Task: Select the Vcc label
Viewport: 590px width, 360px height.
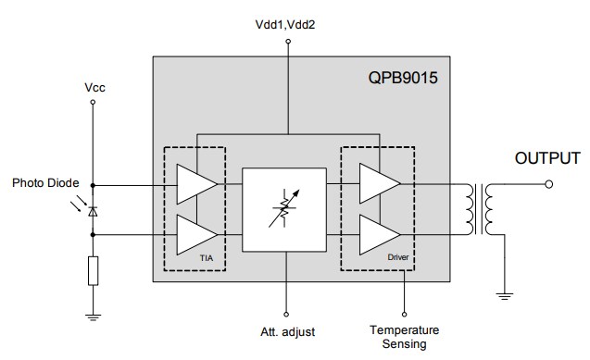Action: pos(93,87)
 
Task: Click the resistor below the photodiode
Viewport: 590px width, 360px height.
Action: pos(93,270)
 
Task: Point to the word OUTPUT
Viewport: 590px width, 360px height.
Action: pos(546,158)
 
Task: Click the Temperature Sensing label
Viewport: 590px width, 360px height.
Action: pos(404,337)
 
